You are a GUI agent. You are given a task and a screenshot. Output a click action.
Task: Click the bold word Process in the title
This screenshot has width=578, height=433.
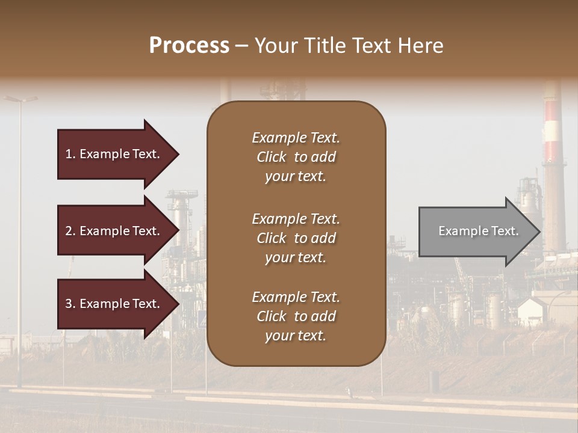coord(189,46)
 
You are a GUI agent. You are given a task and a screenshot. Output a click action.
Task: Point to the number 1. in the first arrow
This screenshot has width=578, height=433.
coord(70,154)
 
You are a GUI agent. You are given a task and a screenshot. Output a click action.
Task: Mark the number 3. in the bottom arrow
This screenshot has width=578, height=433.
coord(70,304)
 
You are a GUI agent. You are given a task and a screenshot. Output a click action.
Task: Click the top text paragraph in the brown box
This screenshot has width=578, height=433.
coord(296,157)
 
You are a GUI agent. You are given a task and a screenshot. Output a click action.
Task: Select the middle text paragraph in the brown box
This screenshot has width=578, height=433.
coord(296,238)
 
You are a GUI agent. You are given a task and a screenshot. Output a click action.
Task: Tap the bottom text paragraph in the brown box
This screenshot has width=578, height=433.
coord(296,316)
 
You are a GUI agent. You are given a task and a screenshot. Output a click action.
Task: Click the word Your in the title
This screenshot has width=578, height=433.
coord(275,46)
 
